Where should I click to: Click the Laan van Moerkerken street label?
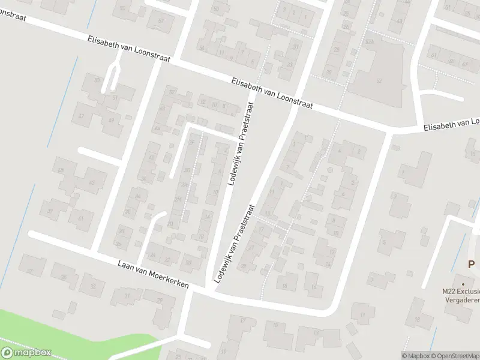154,272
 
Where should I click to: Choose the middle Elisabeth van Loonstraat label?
274,94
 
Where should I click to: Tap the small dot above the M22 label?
463,283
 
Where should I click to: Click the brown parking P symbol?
472,264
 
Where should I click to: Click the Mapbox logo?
26,353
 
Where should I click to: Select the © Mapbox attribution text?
416,356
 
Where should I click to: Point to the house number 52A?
370,41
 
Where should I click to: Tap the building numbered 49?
111,119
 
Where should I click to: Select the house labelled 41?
81,220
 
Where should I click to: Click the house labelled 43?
92,181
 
